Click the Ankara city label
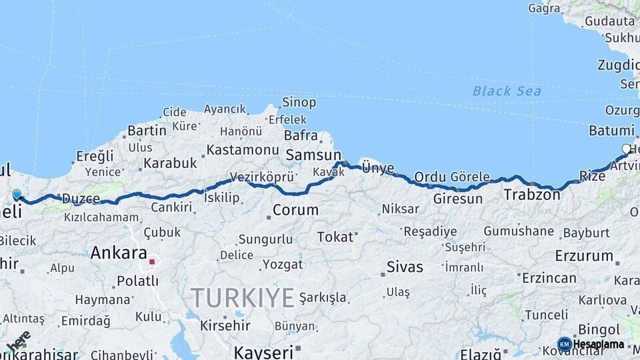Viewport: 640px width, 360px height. point(118,253)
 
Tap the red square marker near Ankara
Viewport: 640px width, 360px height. point(152,262)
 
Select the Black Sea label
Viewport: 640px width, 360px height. point(507,91)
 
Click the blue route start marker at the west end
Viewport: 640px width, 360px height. point(17,195)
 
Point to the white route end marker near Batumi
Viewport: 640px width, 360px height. point(626,149)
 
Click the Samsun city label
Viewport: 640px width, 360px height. point(313,155)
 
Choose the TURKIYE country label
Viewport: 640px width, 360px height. point(243,297)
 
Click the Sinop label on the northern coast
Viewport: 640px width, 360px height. point(299,103)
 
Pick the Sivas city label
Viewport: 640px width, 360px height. point(405,267)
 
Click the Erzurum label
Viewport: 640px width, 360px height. point(584,255)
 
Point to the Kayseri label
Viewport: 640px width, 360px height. point(263,351)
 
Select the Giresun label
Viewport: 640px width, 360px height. point(457,199)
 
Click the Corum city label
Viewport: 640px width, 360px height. point(295,210)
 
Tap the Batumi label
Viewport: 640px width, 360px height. point(611,131)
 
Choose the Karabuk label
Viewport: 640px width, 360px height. point(170,163)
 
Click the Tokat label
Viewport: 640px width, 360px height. point(335,237)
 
